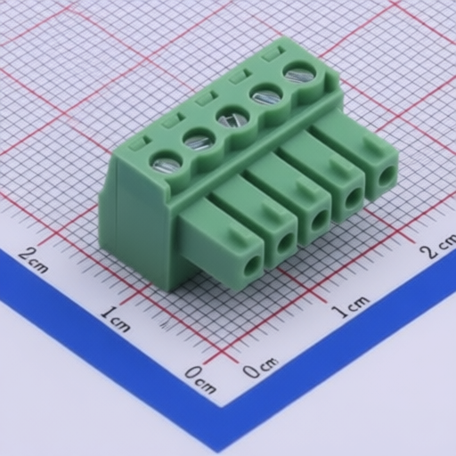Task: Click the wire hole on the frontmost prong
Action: point(253,266)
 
